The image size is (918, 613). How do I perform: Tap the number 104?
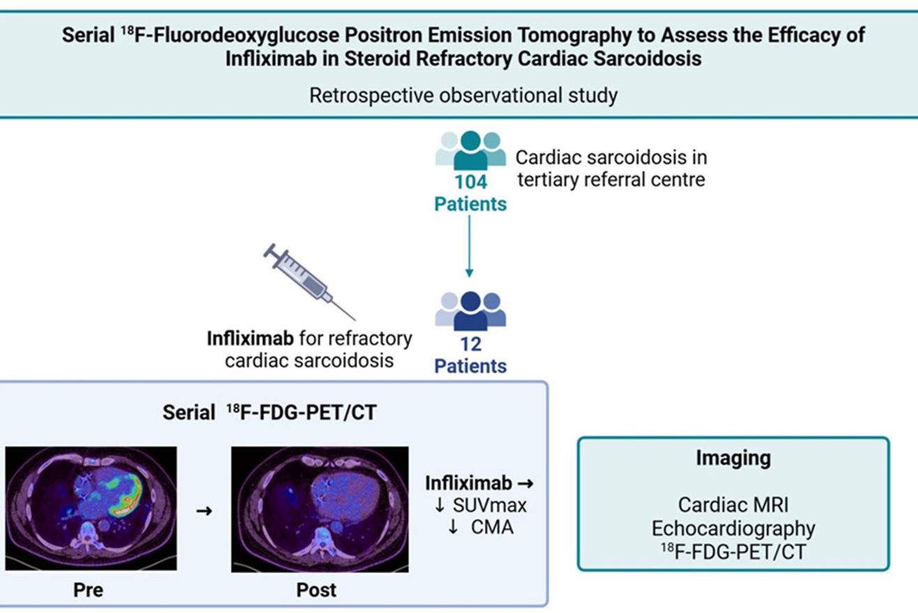[470, 183]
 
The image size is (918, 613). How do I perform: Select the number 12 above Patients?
[470, 345]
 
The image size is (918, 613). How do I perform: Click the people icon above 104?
[470, 149]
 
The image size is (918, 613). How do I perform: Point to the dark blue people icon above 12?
[470, 311]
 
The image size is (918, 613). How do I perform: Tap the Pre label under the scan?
[89, 589]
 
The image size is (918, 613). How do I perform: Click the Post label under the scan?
[316, 589]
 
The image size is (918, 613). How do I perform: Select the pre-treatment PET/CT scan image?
[91, 510]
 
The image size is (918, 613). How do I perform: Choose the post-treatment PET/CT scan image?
[319, 510]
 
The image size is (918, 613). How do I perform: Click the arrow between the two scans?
[204, 510]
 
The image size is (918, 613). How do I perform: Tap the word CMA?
[491, 526]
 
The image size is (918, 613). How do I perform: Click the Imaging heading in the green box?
[733, 458]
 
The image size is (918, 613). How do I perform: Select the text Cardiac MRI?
[733, 504]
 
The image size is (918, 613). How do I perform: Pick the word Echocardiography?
[733, 528]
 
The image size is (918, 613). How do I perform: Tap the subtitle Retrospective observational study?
[463, 94]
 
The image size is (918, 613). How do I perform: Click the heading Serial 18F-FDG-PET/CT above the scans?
[269, 413]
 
